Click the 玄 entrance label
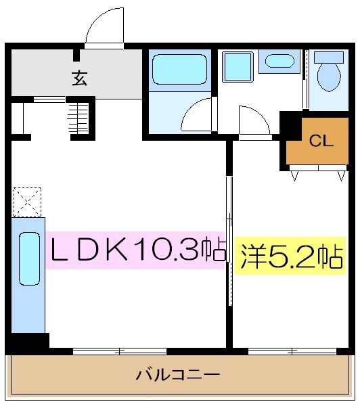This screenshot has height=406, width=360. coord(80,78)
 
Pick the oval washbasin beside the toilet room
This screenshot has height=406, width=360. coord(279,61)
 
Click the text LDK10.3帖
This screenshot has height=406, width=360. coord(136,251)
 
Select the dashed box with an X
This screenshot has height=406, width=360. coord(27,202)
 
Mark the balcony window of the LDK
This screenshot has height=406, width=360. coord(119,351)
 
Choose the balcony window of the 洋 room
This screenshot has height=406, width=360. coord(292,351)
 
